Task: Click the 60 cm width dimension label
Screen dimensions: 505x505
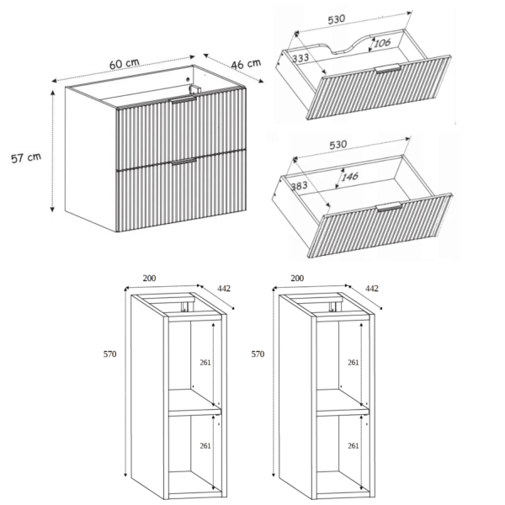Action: point(125,63)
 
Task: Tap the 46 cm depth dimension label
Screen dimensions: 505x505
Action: point(246,64)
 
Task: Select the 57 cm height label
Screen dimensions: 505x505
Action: point(26,158)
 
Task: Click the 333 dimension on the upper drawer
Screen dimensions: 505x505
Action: point(300,58)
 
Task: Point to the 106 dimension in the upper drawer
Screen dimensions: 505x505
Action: point(382,43)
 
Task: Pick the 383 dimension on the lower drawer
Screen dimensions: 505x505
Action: point(299,186)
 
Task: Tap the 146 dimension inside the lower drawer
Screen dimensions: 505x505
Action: point(350,177)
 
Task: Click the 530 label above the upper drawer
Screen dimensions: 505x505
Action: point(337,19)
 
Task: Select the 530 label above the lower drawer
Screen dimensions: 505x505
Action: point(338,145)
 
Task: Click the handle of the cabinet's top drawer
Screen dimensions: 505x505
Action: point(183,99)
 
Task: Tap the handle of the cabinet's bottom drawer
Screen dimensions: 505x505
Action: point(183,162)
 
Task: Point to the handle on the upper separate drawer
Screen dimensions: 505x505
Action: point(388,69)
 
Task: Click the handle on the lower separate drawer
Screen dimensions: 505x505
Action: point(389,206)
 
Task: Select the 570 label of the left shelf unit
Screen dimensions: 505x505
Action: point(109,354)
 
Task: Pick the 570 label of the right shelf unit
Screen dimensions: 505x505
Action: point(258,354)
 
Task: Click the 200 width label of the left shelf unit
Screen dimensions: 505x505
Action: point(149,278)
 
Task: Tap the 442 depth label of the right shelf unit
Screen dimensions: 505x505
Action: point(372,288)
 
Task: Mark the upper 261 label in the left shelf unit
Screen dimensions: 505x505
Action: point(205,362)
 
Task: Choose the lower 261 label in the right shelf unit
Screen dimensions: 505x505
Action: point(353,446)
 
